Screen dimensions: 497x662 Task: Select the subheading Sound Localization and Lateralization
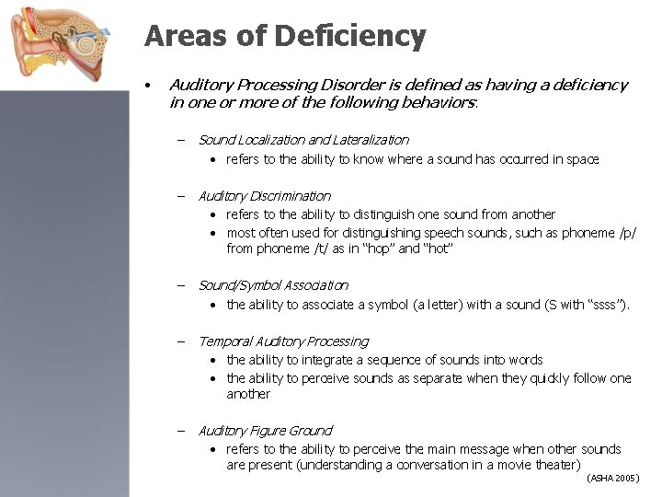tap(303, 140)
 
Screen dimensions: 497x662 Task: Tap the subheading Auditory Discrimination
tap(264, 196)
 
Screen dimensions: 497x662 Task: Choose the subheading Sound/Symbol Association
tap(273, 285)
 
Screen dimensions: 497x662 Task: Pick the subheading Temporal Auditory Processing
tap(283, 341)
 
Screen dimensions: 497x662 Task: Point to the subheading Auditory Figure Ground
tap(265, 431)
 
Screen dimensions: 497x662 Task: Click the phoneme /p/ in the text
tap(624, 233)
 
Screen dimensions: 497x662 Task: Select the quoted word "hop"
tap(380, 249)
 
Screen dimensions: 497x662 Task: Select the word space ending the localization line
tap(582, 159)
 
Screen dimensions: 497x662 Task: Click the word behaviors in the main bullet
tap(439, 102)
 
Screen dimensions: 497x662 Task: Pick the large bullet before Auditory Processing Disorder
tap(148, 85)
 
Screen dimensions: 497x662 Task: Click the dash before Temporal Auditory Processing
tap(181, 341)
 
